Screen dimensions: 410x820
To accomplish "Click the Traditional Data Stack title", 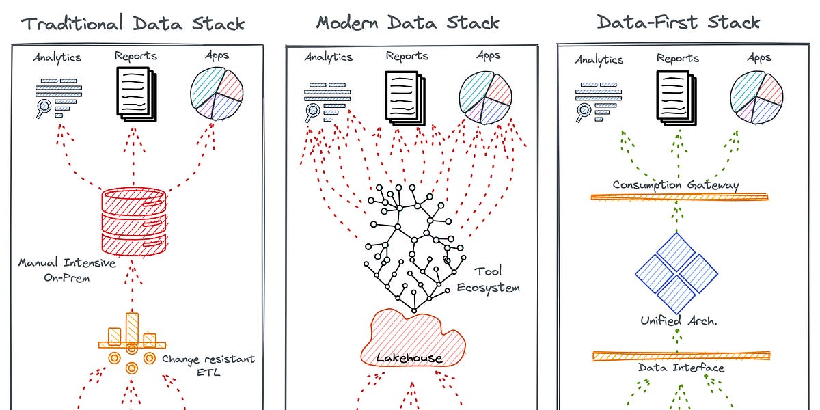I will point(133,23).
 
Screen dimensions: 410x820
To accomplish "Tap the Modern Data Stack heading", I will point(407,23).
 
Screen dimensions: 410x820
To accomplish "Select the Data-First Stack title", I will point(678,22).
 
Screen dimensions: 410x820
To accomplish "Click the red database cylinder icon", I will point(134,219).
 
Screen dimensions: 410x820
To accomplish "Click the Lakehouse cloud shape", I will point(411,338).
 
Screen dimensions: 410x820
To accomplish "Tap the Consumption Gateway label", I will point(676,185).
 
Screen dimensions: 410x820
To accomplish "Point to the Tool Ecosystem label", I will point(487,280).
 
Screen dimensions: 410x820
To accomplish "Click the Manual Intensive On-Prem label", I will point(67,269).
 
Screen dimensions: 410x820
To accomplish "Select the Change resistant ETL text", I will point(208,366).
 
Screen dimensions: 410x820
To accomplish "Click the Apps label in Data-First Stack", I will point(758,58).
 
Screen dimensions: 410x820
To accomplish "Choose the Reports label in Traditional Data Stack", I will point(135,56).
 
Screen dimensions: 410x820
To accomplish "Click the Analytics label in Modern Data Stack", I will point(329,57).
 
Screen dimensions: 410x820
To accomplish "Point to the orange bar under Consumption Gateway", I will point(679,197).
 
